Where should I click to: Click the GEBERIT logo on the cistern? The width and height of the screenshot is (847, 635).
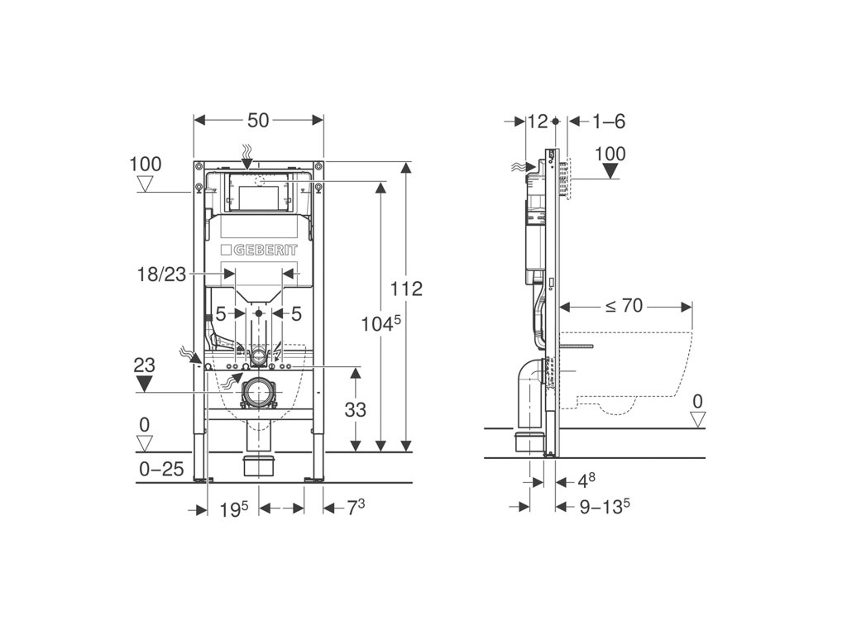tap(259, 250)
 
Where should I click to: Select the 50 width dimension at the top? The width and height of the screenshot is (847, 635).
tap(258, 121)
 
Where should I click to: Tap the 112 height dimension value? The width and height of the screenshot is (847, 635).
tap(406, 289)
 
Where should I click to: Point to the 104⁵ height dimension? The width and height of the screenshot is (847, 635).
tap(380, 323)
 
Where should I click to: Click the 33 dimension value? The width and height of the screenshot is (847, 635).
tap(355, 410)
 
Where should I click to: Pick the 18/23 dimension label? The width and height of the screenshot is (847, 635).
tap(161, 275)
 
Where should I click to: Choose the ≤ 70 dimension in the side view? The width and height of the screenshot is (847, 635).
tap(624, 306)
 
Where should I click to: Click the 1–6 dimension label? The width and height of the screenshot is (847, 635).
tap(609, 122)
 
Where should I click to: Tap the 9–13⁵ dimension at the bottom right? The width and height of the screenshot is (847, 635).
tap(605, 506)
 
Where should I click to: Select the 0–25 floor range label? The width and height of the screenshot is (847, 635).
tap(161, 469)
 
